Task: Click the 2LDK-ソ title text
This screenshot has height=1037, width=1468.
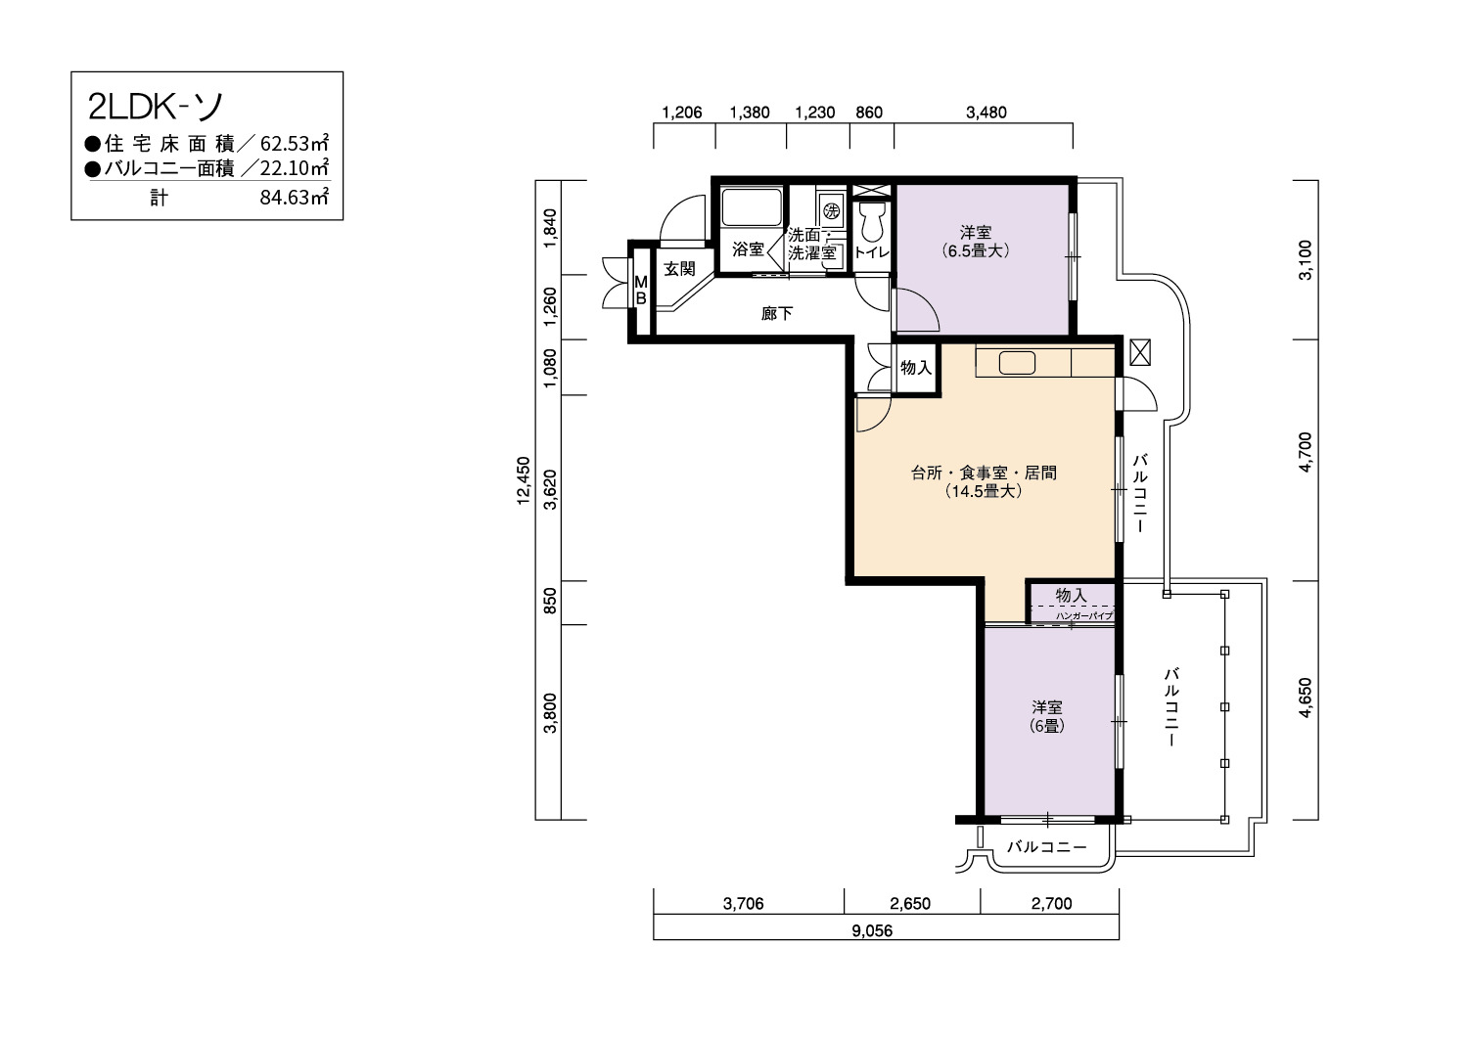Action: coord(156,108)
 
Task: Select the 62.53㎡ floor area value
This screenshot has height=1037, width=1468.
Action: coord(295,143)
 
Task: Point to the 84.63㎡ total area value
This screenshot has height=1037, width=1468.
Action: coord(295,198)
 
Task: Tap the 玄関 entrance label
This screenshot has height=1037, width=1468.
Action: coord(679,269)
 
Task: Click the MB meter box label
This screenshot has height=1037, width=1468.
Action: coord(641,291)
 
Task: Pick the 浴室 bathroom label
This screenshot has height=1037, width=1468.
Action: coord(748,249)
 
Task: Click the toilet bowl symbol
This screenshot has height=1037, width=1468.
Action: coord(872,221)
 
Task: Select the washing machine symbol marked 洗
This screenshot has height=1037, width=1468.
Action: coord(832,211)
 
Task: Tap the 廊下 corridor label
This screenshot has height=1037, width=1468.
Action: coord(777,314)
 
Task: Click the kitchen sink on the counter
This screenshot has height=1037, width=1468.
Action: coord(1017,363)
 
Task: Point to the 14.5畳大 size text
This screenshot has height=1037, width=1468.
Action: coord(984,491)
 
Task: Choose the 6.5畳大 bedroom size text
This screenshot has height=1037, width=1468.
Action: coord(975,250)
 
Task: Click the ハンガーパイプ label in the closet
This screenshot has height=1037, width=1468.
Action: coord(1084,615)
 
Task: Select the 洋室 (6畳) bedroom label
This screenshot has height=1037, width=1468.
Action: coord(1047,716)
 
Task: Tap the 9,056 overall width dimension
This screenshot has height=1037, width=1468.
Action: coord(872,931)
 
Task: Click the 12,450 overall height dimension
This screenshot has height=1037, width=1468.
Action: coord(524,480)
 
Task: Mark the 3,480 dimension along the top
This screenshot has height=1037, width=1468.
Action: coord(986,113)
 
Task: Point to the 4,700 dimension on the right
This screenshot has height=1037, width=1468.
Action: coord(1306,453)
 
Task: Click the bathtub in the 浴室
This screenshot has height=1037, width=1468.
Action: coord(752,207)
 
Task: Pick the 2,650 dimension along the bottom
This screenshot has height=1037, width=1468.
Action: coord(910,904)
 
